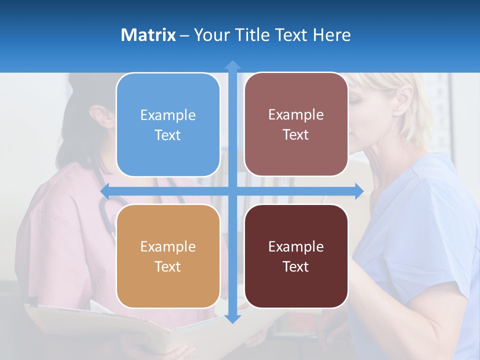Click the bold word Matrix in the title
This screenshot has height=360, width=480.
coord(148,35)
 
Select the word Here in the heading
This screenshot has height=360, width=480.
coord(332,35)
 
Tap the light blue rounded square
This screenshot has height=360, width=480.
coord(168,124)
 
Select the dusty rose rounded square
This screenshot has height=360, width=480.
coord(296,124)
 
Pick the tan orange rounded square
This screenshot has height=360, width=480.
coord(168,256)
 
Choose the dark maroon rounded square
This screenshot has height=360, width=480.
coord(296,256)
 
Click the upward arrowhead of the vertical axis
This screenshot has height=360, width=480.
coord(232,65)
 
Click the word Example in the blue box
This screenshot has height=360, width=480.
coord(168,115)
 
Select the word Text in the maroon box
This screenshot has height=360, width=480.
coord(296,266)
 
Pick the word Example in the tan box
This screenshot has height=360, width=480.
coord(168,246)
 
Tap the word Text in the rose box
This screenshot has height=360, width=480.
coord(296,135)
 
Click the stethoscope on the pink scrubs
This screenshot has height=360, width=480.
coord(107,210)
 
